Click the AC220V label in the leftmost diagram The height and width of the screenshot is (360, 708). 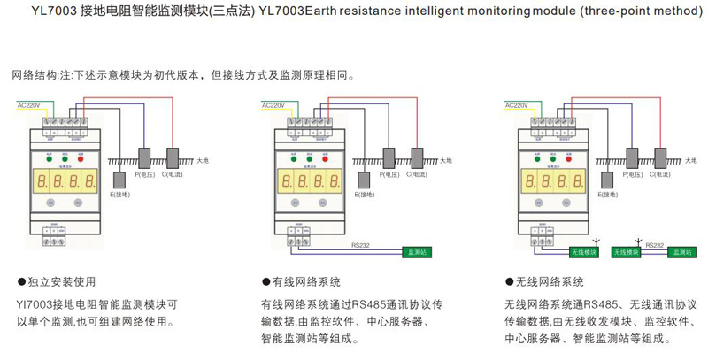pos(29,105)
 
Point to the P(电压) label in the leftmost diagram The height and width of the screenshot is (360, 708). pos(145,176)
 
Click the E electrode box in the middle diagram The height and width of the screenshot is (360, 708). pos(363,180)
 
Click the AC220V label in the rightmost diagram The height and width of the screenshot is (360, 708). pos(517,105)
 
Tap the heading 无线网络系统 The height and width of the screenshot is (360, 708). pos(550,282)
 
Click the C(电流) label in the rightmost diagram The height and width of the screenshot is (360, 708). pos(662,176)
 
